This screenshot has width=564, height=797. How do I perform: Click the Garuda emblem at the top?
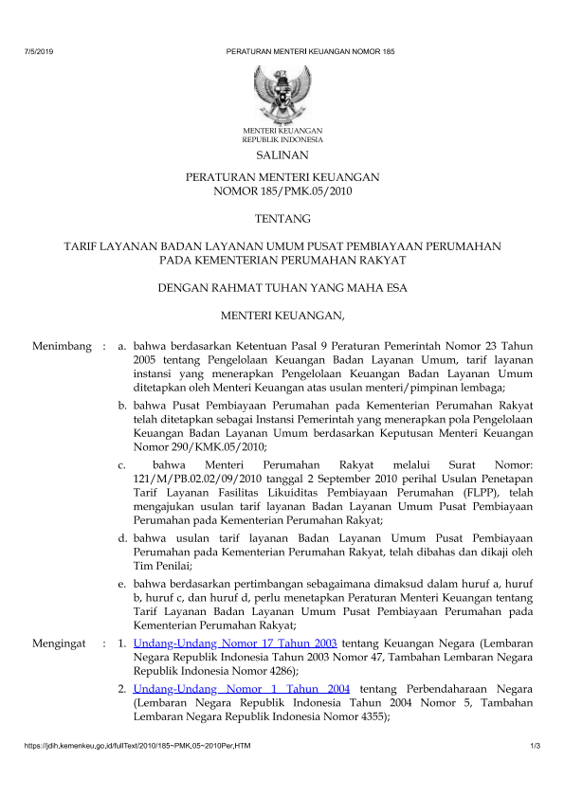tap(282, 91)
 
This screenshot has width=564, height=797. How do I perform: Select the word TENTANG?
tap(282, 220)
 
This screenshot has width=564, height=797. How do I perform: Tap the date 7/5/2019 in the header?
tap(36, 49)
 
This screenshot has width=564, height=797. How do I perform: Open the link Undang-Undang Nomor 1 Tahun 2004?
tap(242, 687)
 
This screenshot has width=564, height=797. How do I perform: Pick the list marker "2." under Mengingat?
tap(123, 687)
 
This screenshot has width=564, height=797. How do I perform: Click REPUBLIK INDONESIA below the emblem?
tap(282, 138)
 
